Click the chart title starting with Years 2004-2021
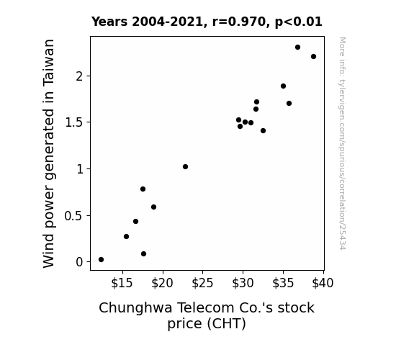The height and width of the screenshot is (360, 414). [x=207, y=22]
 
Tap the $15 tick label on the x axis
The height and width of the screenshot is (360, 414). [x=122, y=283]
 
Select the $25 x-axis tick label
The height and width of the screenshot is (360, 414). [x=202, y=283]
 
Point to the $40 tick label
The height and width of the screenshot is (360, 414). [x=323, y=283]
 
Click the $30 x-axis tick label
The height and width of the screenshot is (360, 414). [x=243, y=283]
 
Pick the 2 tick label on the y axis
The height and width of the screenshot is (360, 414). [x=79, y=76]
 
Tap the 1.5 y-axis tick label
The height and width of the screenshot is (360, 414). [x=74, y=122]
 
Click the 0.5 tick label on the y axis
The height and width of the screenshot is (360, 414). [x=74, y=216]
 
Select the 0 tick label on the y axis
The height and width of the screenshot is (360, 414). [x=79, y=262]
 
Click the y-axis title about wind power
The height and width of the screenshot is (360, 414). [x=48, y=153]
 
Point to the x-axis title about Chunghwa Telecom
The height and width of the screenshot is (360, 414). [x=207, y=315]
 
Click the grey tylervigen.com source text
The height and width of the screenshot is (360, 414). [x=343, y=143]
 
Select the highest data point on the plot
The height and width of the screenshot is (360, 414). [x=297, y=48]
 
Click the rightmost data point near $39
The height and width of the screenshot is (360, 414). [x=313, y=57]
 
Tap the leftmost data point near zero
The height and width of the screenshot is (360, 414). [x=101, y=260]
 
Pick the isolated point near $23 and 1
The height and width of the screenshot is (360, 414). [x=185, y=166]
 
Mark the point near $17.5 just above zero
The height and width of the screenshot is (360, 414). [x=143, y=254]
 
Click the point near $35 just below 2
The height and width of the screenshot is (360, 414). [x=283, y=86]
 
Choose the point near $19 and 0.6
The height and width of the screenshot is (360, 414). [x=153, y=207]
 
